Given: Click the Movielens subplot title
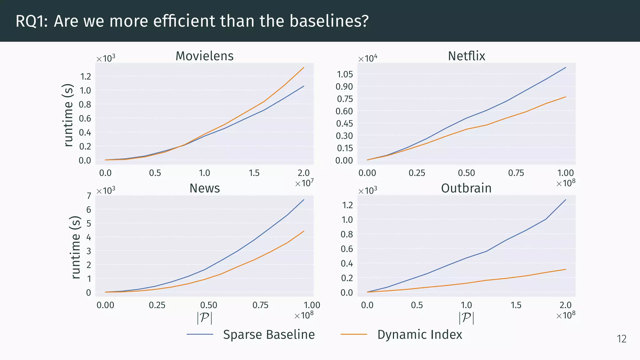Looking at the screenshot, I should pos(204,56).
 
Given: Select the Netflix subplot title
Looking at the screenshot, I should pos(466,56).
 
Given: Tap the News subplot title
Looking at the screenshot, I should pos(204,188).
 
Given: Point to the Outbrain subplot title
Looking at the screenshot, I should pos(466,188).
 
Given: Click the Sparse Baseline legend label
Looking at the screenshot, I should pos(269,335).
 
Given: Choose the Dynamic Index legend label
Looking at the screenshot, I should pos(419,335).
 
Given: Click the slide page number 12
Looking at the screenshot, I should pos(621,339).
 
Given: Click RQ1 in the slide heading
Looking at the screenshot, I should pos(31,21).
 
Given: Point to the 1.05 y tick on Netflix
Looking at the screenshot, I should pos(345,74).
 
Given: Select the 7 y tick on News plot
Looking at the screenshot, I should pos(89,196).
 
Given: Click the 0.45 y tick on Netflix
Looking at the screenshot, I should pos(344,124).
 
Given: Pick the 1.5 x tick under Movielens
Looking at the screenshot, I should pos(254,173).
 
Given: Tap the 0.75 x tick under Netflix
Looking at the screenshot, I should pos(516,173).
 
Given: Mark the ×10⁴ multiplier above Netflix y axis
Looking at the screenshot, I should pos(367,58).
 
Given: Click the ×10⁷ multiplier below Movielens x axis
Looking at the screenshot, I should pos(304,183).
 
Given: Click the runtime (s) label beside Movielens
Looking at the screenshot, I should pos(68,115).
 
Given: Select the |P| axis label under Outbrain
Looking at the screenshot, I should pos(466,318).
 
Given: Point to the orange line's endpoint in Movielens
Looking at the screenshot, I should pos(304,67).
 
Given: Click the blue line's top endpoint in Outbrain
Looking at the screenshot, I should pos(566,200).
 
